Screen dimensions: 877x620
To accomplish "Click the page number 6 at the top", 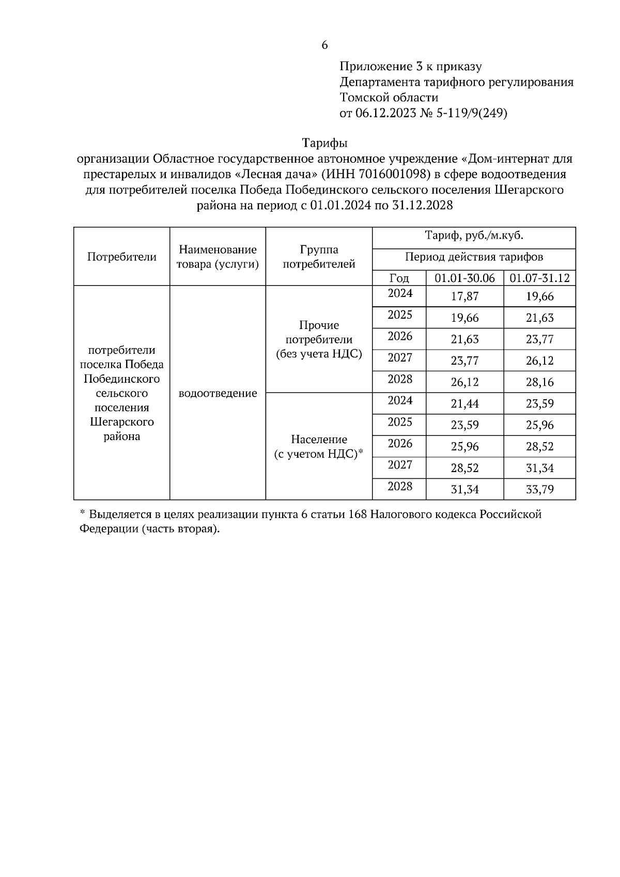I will click(x=324, y=45).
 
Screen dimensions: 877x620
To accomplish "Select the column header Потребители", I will click(x=122, y=257).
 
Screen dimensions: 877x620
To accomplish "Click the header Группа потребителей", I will click(x=319, y=257).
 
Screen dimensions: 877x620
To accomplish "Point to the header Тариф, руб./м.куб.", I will click(x=474, y=236).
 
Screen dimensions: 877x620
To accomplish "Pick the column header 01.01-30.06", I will click(x=464, y=278).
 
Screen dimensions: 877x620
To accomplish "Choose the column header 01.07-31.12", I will click(x=539, y=278).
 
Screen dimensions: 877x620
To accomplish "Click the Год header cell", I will click(x=399, y=278).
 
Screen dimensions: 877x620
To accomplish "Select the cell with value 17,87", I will click(x=464, y=296).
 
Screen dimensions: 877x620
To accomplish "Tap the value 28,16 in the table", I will click(x=539, y=382).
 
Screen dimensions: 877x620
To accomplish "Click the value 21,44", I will click(x=464, y=403).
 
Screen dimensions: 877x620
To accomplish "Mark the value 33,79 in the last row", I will click(x=539, y=489).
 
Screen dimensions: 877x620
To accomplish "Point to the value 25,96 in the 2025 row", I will click(x=539, y=425).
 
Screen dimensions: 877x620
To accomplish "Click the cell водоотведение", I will click(x=218, y=394).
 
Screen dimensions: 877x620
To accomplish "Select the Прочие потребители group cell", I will click(x=319, y=339).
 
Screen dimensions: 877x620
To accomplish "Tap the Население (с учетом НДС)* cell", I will click(x=319, y=447).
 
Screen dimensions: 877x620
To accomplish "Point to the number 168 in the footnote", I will click(x=358, y=514).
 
